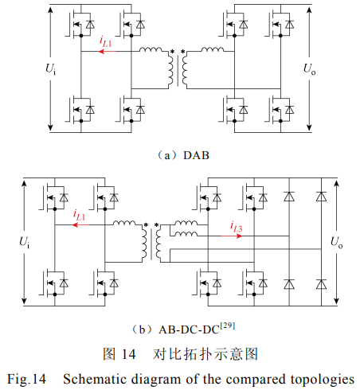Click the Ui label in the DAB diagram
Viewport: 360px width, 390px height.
[x=51, y=68]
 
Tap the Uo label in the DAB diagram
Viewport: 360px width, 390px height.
[x=310, y=68]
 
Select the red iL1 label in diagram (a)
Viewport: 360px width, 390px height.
[x=105, y=41]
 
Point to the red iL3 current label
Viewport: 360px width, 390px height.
[x=236, y=227]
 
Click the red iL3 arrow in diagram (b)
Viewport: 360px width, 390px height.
[x=232, y=236]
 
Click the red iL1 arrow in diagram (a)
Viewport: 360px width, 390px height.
[x=107, y=51]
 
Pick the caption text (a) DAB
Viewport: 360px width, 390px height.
[x=184, y=155]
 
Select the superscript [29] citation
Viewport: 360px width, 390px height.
[x=228, y=326]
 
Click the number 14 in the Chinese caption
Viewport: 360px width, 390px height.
[x=128, y=354]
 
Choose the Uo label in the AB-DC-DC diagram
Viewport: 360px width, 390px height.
[x=336, y=242]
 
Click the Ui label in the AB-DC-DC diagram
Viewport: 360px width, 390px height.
[x=25, y=242]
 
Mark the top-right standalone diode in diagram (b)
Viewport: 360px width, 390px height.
[x=321, y=197]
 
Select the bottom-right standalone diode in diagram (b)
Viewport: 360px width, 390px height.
[x=321, y=284]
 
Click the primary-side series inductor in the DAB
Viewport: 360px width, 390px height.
[x=151, y=49]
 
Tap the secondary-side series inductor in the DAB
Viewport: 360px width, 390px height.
[x=213, y=49]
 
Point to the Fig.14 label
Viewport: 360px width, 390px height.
[x=26, y=380]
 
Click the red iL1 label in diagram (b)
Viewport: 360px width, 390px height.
[x=79, y=216]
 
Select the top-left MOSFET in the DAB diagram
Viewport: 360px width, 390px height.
[x=80, y=24]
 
